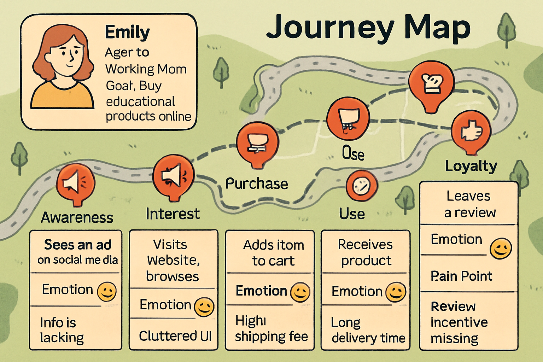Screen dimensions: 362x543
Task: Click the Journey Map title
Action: pos(368,28)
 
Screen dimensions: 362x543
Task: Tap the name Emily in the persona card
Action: pos(127,33)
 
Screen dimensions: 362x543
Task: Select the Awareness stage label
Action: pos(77,217)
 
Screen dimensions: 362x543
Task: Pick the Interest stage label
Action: pos(173,214)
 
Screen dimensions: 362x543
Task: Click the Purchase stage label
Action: pos(257,184)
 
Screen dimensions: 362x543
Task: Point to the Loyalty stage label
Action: pos(471,166)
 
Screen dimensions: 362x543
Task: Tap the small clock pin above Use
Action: pos(362,185)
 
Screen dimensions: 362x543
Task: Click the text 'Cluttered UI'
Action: pos(175,336)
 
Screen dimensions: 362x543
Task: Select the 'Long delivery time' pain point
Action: pos(368,330)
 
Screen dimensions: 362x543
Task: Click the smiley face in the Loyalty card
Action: pos(501,249)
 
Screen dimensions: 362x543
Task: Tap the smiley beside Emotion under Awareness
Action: pos(106,292)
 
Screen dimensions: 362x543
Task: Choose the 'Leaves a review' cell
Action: pos(469,204)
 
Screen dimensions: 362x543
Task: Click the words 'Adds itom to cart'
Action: pos(273,253)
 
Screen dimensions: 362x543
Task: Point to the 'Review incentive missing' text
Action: pos(459,322)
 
